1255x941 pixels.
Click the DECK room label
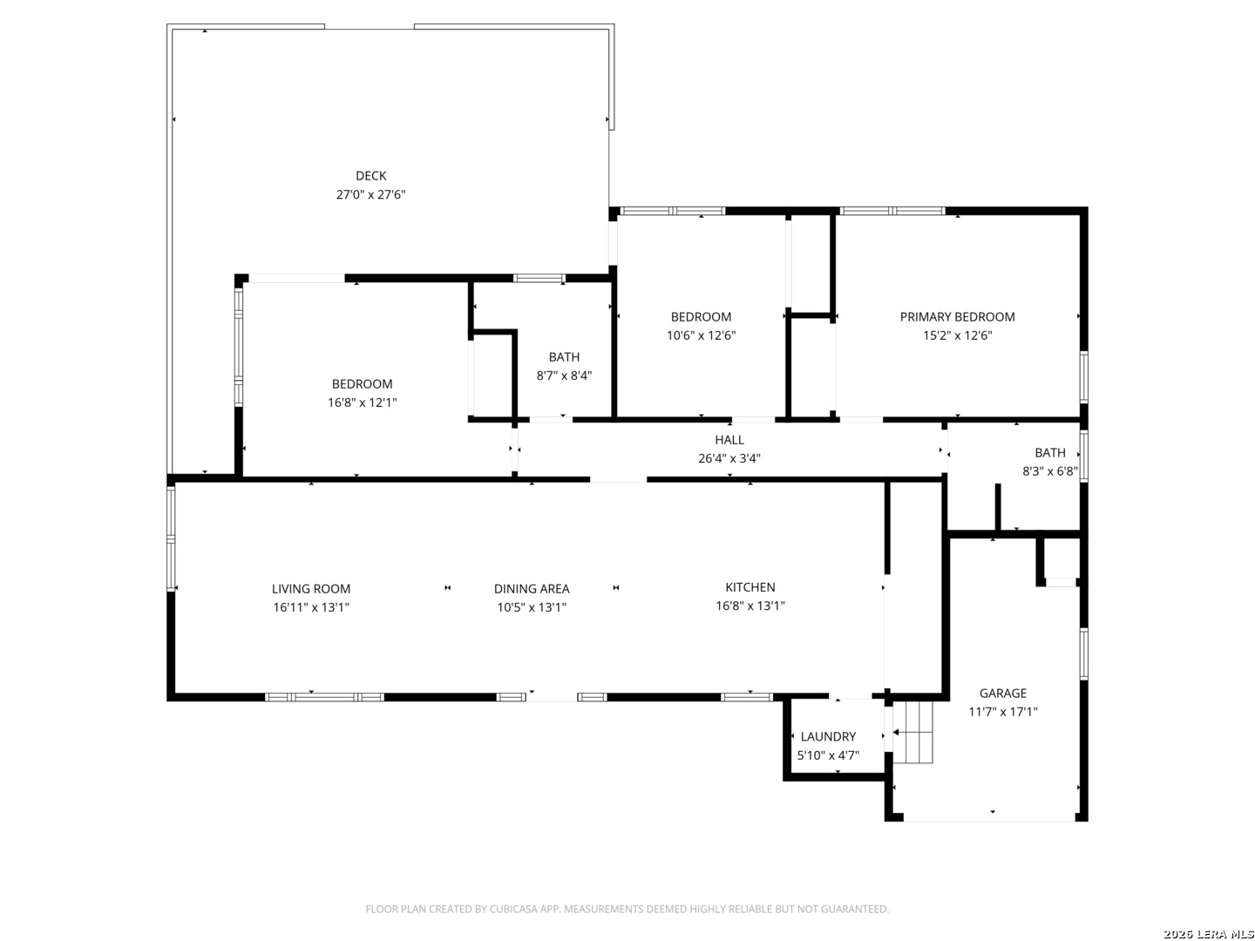(x=370, y=175)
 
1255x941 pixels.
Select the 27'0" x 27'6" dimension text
(x=370, y=194)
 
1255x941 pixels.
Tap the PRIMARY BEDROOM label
(x=957, y=316)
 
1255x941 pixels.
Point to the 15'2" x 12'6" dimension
(x=957, y=335)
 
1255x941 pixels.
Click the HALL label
(x=729, y=439)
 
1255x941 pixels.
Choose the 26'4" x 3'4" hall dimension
(x=729, y=457)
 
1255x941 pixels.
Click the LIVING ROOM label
(x=310, y=588)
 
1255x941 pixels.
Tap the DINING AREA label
(x=531, y=588)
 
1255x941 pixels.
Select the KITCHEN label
(x=750, y=586)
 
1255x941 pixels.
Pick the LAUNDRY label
(x=827, y=736)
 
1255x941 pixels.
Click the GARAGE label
(x=1002, y=693)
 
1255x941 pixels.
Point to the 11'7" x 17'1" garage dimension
(x=1002, y=711)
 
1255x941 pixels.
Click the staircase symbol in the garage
(x=912, y=732)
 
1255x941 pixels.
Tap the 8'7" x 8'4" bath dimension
(x=564, y=376)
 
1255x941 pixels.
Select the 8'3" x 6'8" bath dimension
(x=1049, y=470)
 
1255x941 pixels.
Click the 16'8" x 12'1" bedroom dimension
(x=362, y=403)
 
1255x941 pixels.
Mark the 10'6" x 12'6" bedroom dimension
(x=701, y=335)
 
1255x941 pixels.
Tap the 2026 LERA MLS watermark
(x=1208, y=934)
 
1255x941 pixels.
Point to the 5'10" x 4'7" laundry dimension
(x=828, y=755)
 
